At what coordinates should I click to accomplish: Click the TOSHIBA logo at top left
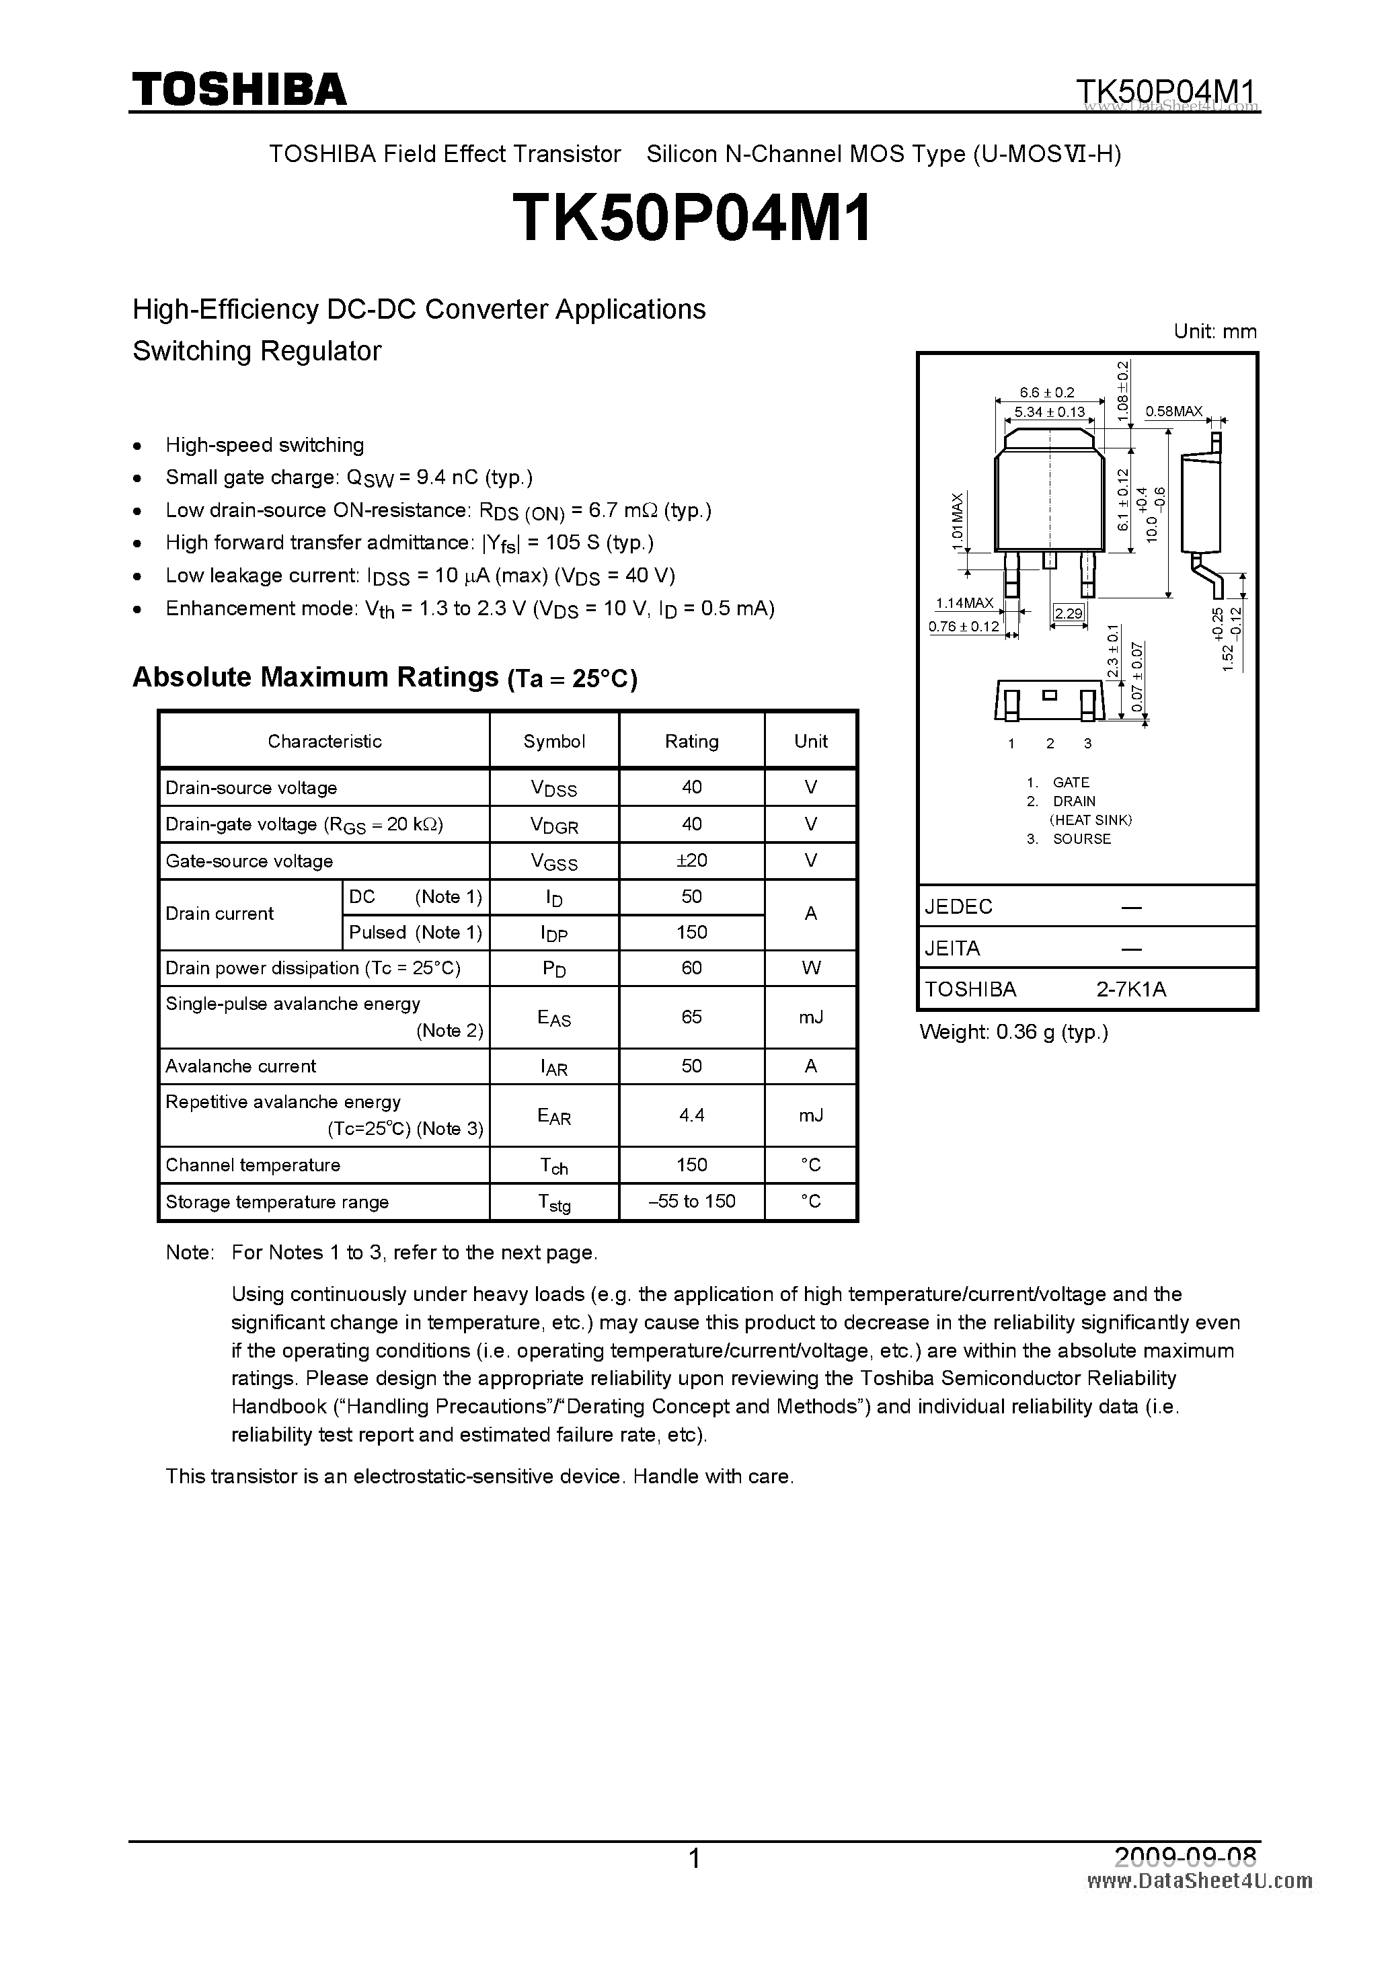[239, 89]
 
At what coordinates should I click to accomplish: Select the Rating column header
[691, 742]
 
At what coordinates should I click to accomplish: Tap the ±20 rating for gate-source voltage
[691, 861]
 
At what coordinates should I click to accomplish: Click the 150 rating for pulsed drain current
[691, 933]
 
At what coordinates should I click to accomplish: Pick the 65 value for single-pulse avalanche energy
[691, 1017]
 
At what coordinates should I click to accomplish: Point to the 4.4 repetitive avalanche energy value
[691, 1115]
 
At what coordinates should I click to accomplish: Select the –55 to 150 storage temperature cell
[691, 1202]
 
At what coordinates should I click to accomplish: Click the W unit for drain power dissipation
[810, 968]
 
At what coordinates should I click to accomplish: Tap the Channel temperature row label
[253, 1165]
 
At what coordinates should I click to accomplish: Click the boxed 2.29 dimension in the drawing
[1069, 613]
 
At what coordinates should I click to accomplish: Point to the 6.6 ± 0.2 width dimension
[1046, 392]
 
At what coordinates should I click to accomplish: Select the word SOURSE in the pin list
[1082, 839]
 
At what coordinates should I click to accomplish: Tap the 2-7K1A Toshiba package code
[1131, 990]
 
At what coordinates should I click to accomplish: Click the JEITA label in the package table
[952, 949]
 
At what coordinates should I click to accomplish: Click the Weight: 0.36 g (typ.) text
[1014, 1033]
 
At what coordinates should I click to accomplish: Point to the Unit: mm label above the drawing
[1215, 331]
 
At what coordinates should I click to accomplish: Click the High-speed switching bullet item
[265, 445]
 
